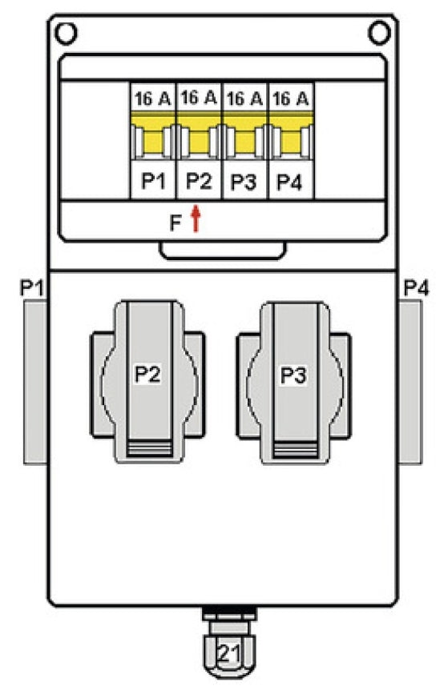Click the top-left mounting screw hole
point(66,33)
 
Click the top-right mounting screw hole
point(379,33)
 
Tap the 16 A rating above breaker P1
point(153,98)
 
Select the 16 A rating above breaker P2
point(199,98)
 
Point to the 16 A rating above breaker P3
point(244,98)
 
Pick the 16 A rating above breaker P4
point(290,98)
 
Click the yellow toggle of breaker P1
point(153,136)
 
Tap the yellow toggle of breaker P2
point(199,136)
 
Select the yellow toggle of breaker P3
point(244,136)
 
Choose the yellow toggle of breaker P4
point(291,136)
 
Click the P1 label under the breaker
point(153,181)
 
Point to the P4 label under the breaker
point(290,182)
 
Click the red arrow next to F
point(196,219)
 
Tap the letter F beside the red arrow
point(176,223)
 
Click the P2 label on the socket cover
point(147,375)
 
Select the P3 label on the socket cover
point(294,375)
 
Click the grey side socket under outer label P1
point(35,382)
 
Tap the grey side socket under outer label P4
point(410,382)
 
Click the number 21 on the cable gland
point(228,653)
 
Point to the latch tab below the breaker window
point(223,251)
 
